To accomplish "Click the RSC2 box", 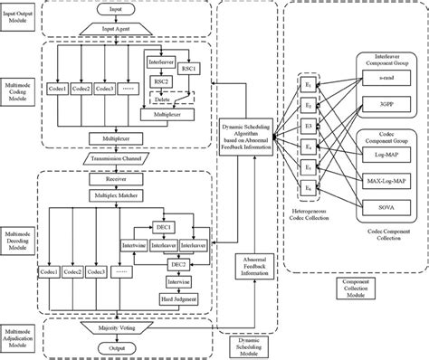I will [162, 80].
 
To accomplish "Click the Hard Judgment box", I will [163, 299].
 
